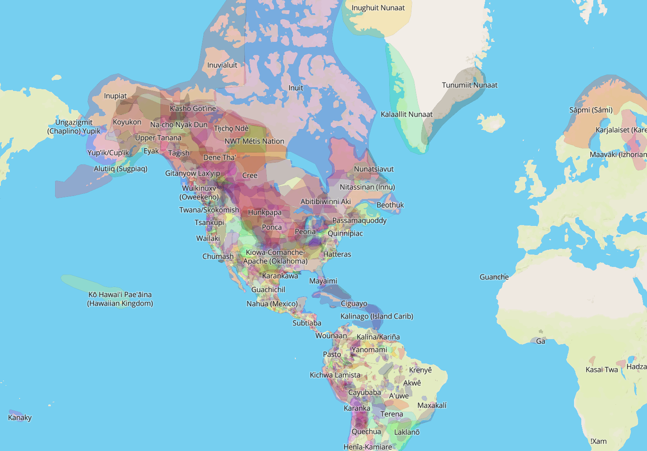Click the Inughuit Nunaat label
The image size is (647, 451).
pyautogui.click(x=378, y=8)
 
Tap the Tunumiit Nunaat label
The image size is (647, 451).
pyautogui.click(x=469, y=85)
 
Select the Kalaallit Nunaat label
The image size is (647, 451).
pyautogui.click(x=406, y=114)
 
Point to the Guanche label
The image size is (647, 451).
pyautogui.click(x=494, y=277)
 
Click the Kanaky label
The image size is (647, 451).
pyautogui.click(x=20, y=417)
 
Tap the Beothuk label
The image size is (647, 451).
pyautogui.click(x=390, y=205)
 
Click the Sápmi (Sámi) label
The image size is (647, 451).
pyautogui.click(x=591, y=110)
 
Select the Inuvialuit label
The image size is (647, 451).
pyautogui.click(x=222, y=65)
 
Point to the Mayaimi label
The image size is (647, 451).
pyautogui.click(x=323, y=281)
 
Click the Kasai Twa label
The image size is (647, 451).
pyautogui.click(x=601, y=369)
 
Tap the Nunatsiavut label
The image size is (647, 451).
pyautogui.click(x=373, y=169)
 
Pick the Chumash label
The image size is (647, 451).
pyautogui.click(x=218, y=256)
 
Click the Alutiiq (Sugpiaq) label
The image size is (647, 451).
pyautogui.click(x=120, y=169)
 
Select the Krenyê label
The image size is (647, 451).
pyautogui.click(x=420, y=370)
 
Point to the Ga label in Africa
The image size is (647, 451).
pyautogui.click(x=540, y=341)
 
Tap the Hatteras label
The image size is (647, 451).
pyautogui.click(x=337, y=254)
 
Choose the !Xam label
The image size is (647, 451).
pyautogui.click(x=598, y=441)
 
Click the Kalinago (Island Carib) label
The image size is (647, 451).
pyautogui.click(x=376, y=316)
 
